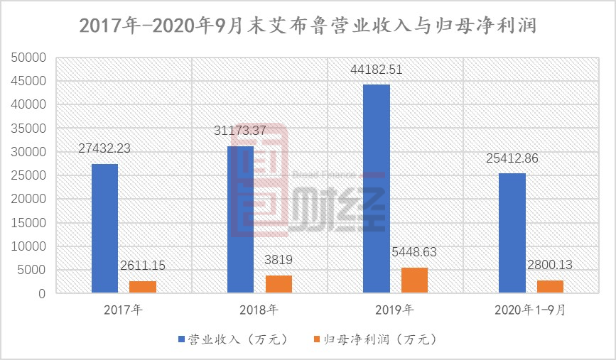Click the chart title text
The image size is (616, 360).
point(307,26)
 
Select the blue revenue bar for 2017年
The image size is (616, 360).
point(104,228)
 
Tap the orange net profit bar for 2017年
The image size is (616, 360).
point(142,286)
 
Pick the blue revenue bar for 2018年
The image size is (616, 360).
point(240,219)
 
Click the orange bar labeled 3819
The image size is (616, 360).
point(279,283)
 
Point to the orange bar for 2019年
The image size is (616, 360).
point(414,280)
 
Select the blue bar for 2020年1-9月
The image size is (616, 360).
point(512,233)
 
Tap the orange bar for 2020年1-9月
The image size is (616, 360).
point(550,286)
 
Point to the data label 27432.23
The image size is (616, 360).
point(104,149)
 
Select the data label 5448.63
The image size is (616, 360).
point(415,253)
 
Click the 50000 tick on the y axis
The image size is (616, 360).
point(30,57)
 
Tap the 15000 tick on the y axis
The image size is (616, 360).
point(30,222)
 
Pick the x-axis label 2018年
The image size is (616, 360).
point(259,310)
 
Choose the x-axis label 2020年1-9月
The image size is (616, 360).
point(531,310)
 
